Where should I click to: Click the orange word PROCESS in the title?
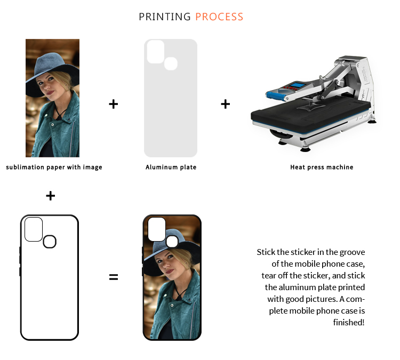[x=219, y=17]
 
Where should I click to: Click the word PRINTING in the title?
[x=165, y=17]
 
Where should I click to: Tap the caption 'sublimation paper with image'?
[x=54, y=167]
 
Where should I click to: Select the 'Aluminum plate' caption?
[x=171, y=167]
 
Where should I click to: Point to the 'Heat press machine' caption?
[x=322, y=167]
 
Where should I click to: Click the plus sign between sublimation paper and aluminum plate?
[x=114, y=104]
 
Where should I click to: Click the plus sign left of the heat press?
[x=226, y=104]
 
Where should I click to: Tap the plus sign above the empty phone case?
[x=51, y=196]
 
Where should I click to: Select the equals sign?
[x=114, y=277]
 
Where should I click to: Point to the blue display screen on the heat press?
[x=298, y=85]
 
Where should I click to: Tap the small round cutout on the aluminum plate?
[x=171, y=63]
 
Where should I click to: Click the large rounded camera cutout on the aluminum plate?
[x=156, y=52]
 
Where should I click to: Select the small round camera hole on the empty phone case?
[x=50, y=242]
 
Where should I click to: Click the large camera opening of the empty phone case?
[x=34, y=229]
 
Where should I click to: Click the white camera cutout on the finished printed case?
[x=157, y=229]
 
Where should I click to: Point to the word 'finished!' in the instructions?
[x=349, y=323]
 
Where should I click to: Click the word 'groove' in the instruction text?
[x=352, y=253]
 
